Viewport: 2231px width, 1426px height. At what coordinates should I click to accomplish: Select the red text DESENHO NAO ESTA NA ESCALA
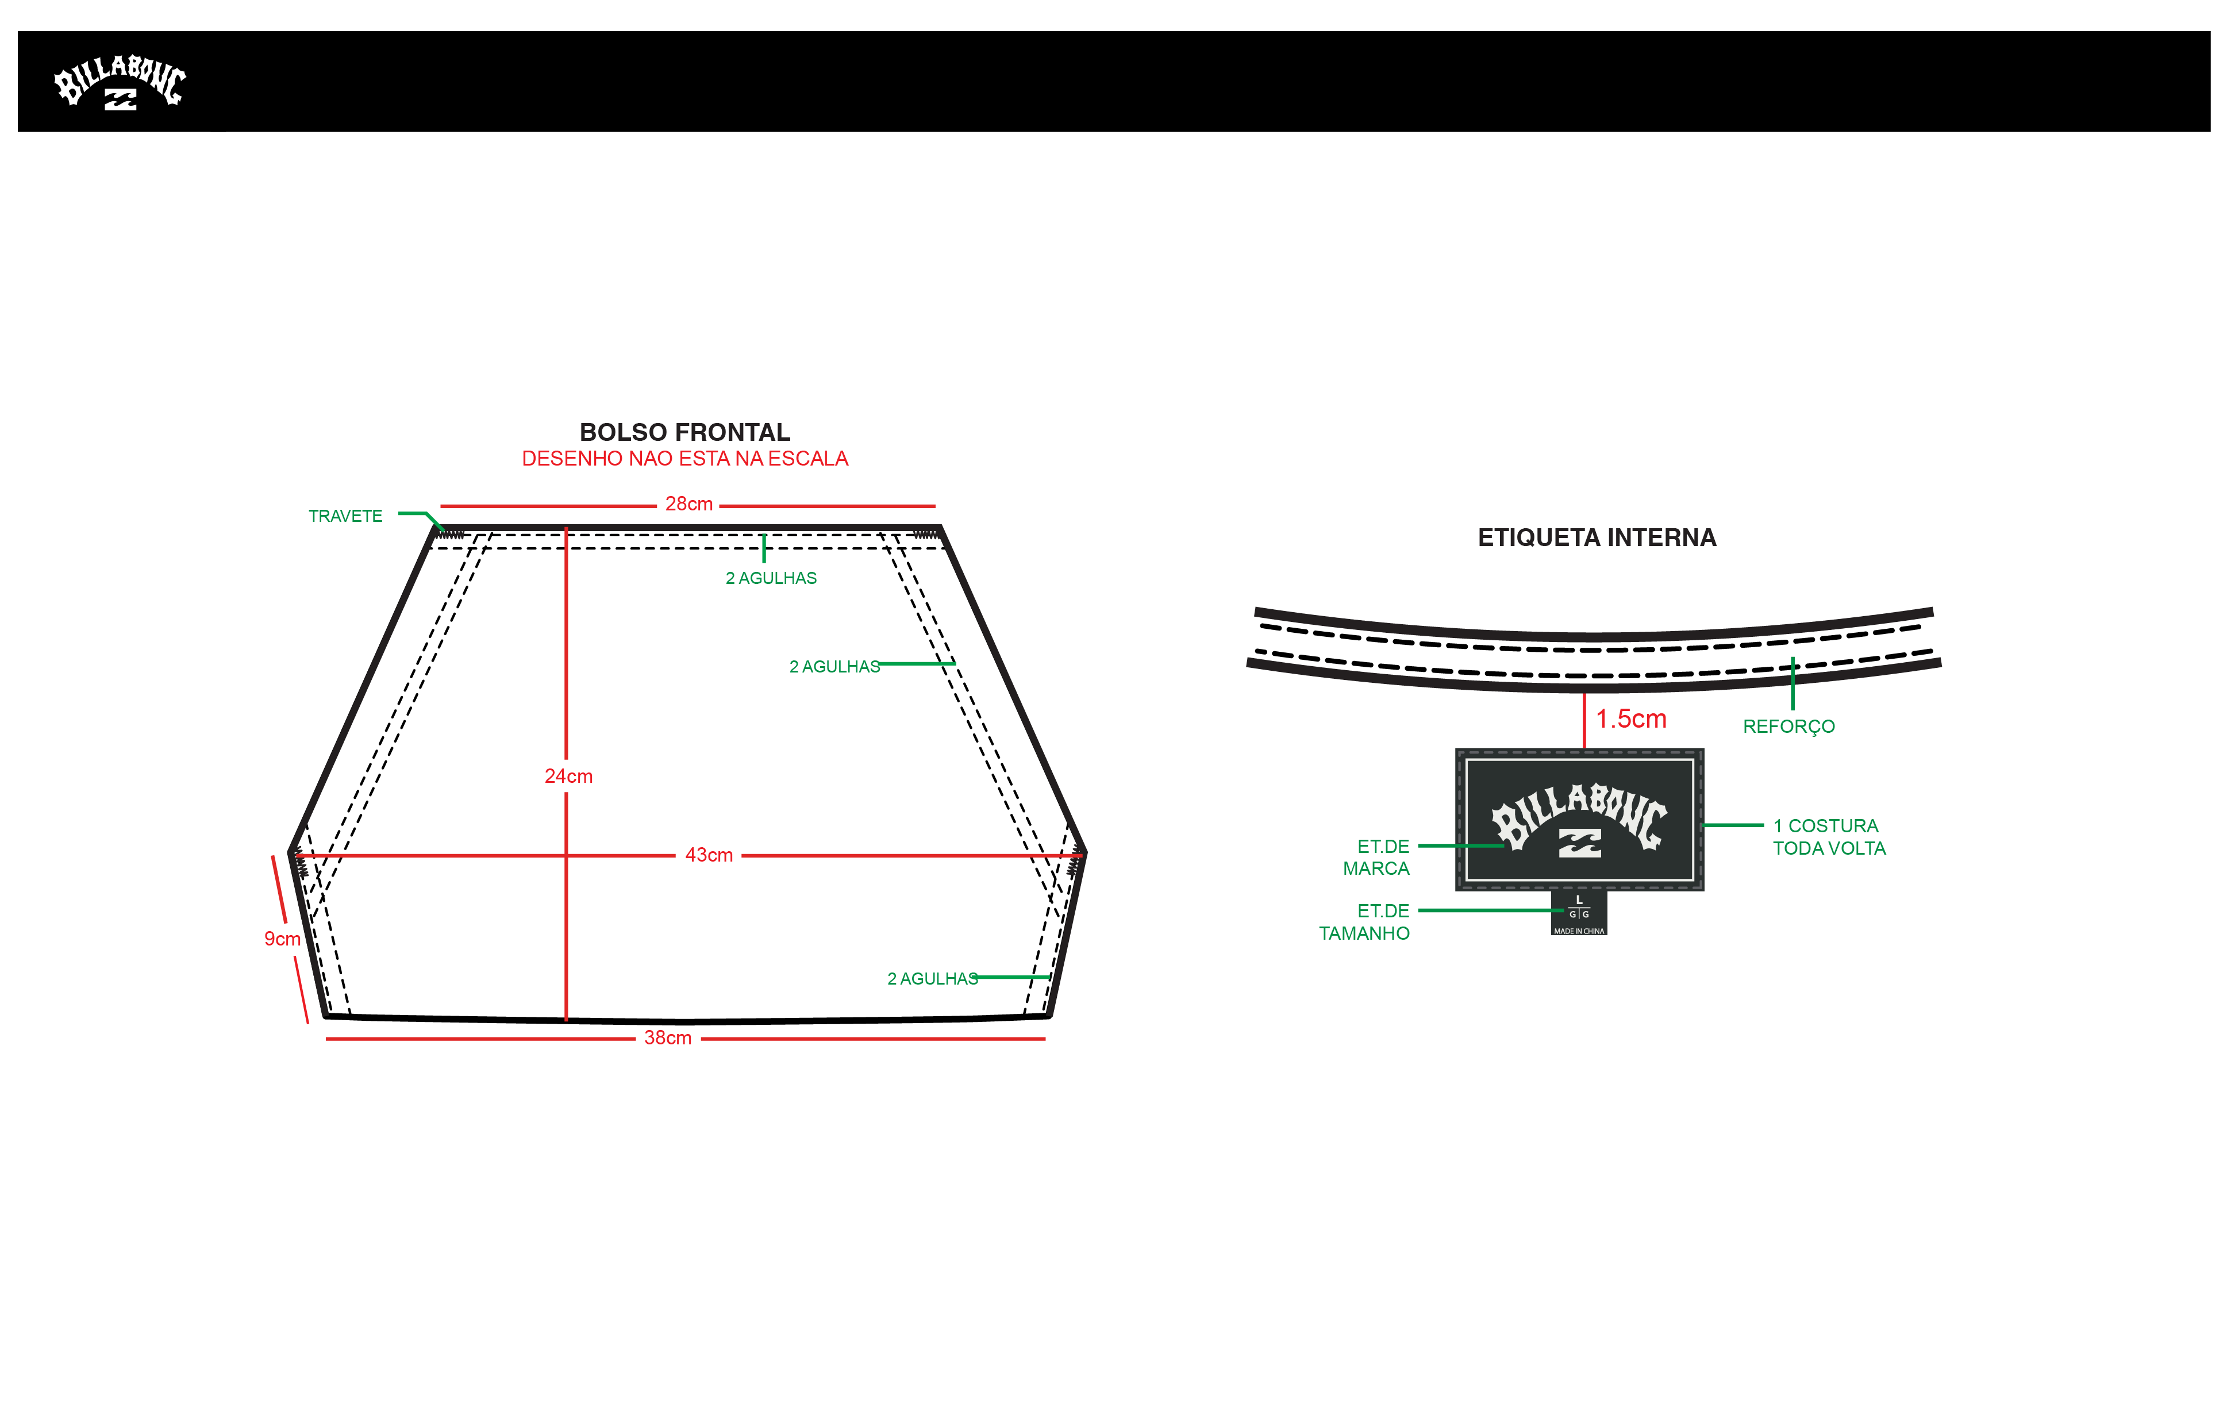click(684, 459)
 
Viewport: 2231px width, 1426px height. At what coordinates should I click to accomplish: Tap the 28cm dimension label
click(688, 504)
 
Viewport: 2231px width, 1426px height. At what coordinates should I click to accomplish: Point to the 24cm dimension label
click(568, 777)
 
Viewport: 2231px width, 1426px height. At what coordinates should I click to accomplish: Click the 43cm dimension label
click(709, 855)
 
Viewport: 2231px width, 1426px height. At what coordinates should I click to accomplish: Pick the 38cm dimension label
click(668, 1038)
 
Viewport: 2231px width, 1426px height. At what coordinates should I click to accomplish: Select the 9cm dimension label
click(282, 939)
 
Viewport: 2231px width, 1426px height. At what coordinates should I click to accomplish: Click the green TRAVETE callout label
click(345, 516)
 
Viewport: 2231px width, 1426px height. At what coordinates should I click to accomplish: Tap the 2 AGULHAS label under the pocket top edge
click(771, 578)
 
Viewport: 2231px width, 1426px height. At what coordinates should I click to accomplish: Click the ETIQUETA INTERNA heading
click(1597, 537)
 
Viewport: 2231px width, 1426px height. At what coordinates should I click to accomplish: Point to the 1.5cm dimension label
click(1630, 719)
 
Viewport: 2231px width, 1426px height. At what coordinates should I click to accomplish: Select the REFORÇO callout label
click(1788, 727)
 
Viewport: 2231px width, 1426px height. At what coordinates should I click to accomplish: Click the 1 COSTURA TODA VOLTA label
click(1829, 837)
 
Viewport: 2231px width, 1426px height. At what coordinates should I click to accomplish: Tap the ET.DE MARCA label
click(1377, 857)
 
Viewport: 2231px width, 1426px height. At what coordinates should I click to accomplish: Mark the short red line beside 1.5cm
click(1584, 721)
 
